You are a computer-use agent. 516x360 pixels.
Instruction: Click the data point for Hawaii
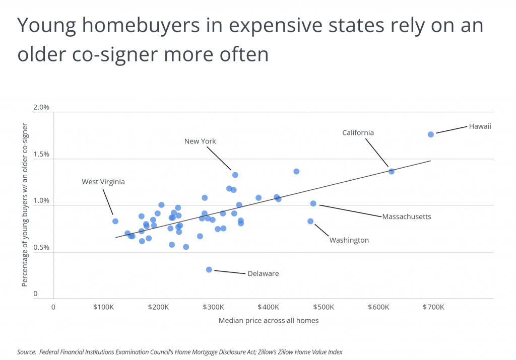coord(431,134)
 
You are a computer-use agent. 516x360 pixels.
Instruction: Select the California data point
coord(392,172)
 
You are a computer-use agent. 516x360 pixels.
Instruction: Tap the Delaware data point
coord(209,270)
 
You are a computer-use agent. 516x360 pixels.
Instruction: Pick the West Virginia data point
coord(115,221)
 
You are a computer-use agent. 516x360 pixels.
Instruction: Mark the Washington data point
coord(310,221)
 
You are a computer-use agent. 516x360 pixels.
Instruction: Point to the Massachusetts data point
coord(313,203)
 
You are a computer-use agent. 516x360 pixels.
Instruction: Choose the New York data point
coord(235,175)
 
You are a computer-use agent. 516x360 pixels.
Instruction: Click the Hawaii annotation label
coord(480,126)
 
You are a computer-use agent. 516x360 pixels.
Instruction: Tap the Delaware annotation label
coord(263,274)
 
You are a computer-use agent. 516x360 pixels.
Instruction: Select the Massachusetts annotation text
coord(407,217)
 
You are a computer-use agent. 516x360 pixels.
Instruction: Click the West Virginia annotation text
coord(103,182)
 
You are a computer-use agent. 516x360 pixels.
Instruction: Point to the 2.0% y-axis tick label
coord(41,108)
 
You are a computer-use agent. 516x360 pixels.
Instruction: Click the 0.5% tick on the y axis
coord(41,247)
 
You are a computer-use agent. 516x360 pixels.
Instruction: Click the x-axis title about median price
coord(269,321)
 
